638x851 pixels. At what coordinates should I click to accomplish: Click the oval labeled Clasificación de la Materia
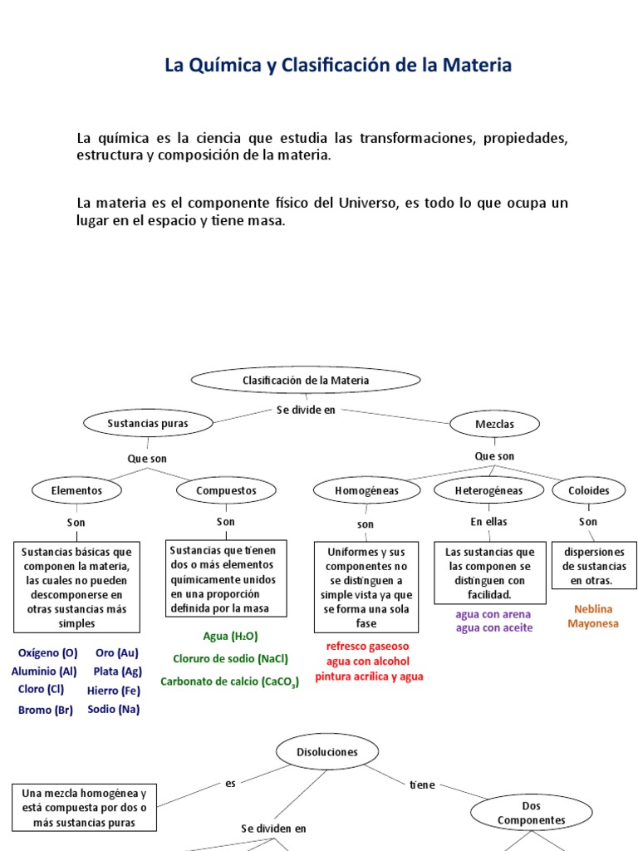pos(306,381)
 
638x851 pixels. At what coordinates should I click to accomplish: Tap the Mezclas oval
pos(494,424)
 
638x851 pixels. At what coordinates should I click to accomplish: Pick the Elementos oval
pos(76,490)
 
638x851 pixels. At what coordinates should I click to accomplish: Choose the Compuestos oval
pos(226,490)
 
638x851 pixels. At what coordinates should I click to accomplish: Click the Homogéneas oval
pos(366,490)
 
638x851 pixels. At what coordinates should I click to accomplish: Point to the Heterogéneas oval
pos(488,490)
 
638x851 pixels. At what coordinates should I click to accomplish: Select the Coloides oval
pos(588,490)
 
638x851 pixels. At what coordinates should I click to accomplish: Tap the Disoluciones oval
pos(327,751)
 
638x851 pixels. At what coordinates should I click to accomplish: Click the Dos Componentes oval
pos(531,813)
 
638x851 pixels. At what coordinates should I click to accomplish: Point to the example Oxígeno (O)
pos(47,653)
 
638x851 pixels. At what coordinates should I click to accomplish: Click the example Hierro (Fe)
pos(113,691)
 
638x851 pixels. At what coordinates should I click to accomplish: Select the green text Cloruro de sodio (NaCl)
pos(230,659)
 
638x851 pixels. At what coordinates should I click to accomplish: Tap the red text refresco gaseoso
pos(367,646)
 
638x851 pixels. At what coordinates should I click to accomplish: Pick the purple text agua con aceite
pos(494,627)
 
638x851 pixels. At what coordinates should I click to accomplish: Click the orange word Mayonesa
pos(593,622)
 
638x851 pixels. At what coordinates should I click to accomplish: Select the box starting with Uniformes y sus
pos(366,588)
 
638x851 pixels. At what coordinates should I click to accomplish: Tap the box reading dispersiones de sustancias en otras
pos(594,566)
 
